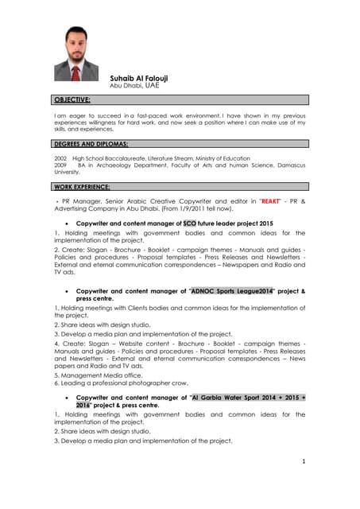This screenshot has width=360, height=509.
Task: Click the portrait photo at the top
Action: point(77,53)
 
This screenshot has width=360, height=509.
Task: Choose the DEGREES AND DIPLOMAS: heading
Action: point(91,144)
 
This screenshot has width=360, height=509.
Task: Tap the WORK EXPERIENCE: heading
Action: point(83,186)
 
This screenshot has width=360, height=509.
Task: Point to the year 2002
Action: point(60,158)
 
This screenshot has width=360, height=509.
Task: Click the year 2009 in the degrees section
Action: point(60,165)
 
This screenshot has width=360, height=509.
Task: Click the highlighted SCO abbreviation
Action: point(188,224)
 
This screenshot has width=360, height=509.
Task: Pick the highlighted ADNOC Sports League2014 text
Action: point(231,292)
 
